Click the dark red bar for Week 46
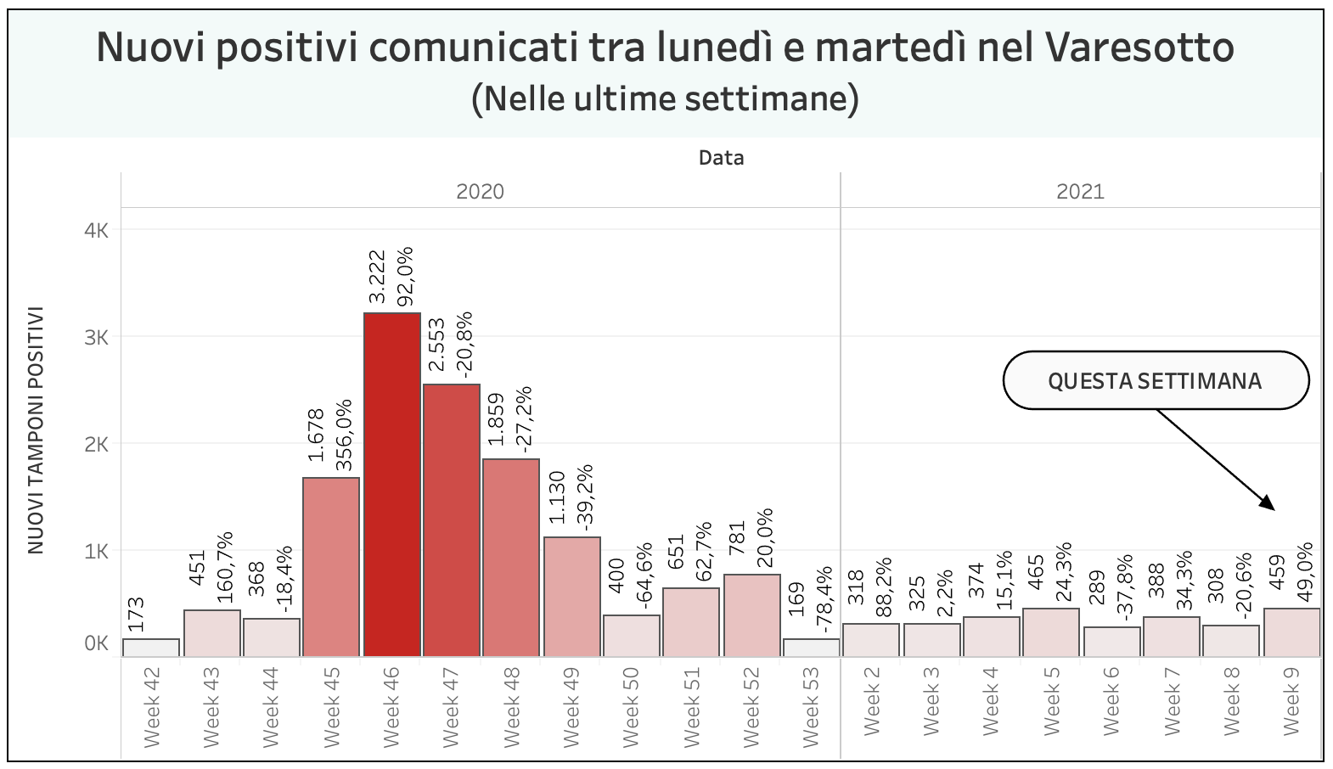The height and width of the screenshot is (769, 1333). [391, 484]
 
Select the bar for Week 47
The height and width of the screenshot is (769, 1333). [451, 519]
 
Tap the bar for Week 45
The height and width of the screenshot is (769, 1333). [331, 566]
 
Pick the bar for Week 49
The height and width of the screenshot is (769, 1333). [571, 596]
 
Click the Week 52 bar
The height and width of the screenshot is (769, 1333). [751, 615]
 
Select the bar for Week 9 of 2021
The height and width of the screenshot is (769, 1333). [1291, 631]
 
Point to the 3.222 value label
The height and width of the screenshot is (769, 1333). [377, 276]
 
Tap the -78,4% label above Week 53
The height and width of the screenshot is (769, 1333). [824, 600]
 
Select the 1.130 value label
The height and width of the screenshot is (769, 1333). [557, 497]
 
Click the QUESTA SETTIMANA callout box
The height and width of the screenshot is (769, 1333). [1155, 380]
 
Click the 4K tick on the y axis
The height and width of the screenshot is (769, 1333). [96, 230]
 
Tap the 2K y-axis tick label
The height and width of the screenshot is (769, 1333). [96, 444]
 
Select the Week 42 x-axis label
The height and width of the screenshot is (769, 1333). [152, 706]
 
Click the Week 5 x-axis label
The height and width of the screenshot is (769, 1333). [1051, 701]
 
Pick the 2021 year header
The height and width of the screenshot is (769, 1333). [1080, 191]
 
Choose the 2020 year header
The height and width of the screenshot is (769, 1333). [480, 191]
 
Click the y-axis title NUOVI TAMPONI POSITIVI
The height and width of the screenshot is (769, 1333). [36, 431]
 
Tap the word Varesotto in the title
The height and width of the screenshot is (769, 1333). [1139, 48]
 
